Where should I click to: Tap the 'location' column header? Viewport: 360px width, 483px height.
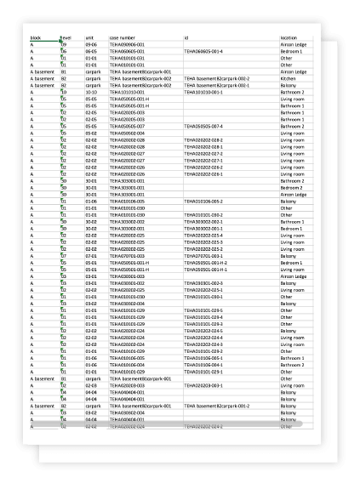290,38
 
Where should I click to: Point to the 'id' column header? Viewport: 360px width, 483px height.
186,38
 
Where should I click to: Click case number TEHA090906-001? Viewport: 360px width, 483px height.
128,44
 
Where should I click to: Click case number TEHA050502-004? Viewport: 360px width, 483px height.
128,133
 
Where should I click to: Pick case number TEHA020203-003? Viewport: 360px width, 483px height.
128,384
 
